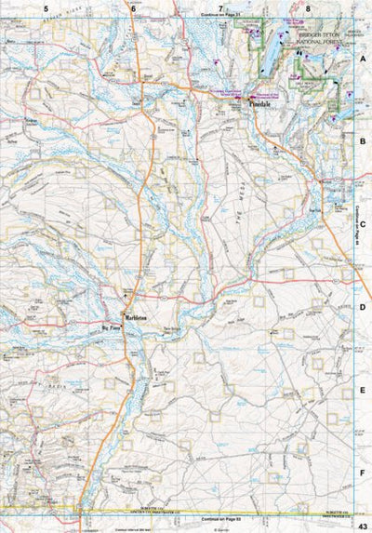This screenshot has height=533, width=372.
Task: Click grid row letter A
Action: point(364,57)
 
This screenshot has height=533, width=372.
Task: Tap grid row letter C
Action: point(364,223)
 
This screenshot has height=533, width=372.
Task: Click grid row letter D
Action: point(364,306)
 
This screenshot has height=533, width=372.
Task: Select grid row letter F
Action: point(364,472)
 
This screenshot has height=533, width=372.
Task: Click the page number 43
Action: point(363,526)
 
